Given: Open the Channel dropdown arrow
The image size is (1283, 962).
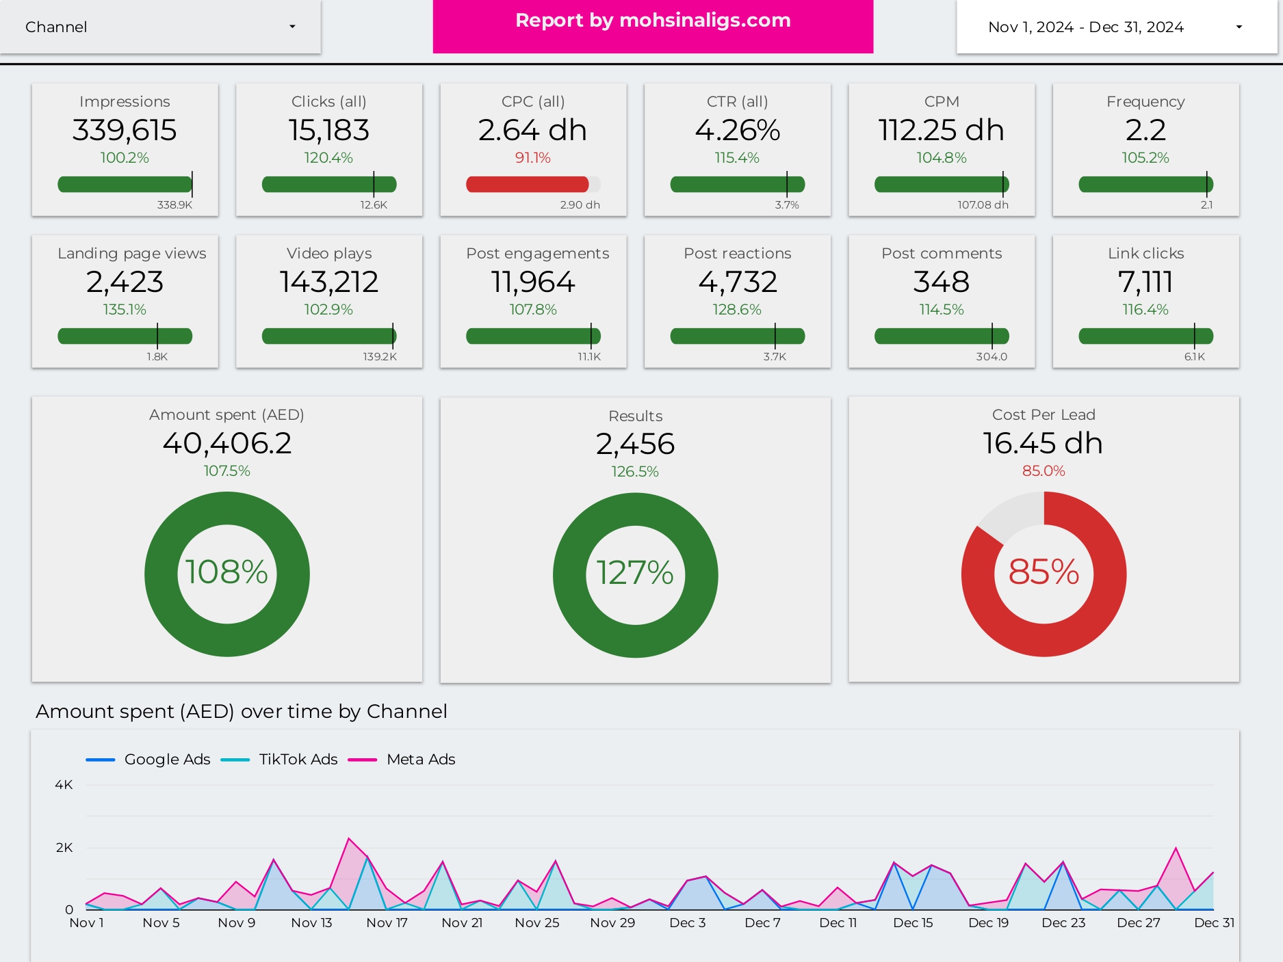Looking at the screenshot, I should pyautogui.click(x=292, y=27).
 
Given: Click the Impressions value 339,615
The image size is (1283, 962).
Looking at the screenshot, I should pyautogui.click(x=125, y=130).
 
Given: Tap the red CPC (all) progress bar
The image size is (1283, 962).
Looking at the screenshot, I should pyautogui.click(x=527, y=184).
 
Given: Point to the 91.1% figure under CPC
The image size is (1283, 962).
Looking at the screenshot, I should pyautogui.click(x=532, y=158).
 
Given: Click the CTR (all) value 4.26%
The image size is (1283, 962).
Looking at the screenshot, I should pyautogui.click(x=737, y=130).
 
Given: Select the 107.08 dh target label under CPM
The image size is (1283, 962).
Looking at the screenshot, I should pyautogui.click(x=983, y=204).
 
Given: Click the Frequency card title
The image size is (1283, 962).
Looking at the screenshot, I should pyautogui.click(x=1145, y=101).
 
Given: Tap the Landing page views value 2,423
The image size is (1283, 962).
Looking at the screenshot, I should pyautogui.click(x=125, y=282).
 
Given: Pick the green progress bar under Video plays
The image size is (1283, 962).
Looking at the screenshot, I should pyautogui.click(x=328, y=336).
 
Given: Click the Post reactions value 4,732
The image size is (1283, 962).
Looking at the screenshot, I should pyautogui.click(x=737, y=282).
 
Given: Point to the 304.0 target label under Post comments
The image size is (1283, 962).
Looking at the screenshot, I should pyautogui.click(x=991, y=356).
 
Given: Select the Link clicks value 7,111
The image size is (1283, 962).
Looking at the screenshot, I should pyautogui.click(x=1145, y=282).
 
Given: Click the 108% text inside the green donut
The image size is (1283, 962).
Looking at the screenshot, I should pyautogui.click(x=226, y=572).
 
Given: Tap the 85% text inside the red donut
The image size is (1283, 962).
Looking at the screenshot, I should pyautogui.click(x=1044, y=572).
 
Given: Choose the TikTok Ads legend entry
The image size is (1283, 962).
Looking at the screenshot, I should pyautogui.click(x=298, y=759).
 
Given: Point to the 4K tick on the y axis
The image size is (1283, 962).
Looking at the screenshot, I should pyautogui.click(x=64, y=784).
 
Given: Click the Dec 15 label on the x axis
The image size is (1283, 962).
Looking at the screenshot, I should pyautogui.click(x=913, y=922).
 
